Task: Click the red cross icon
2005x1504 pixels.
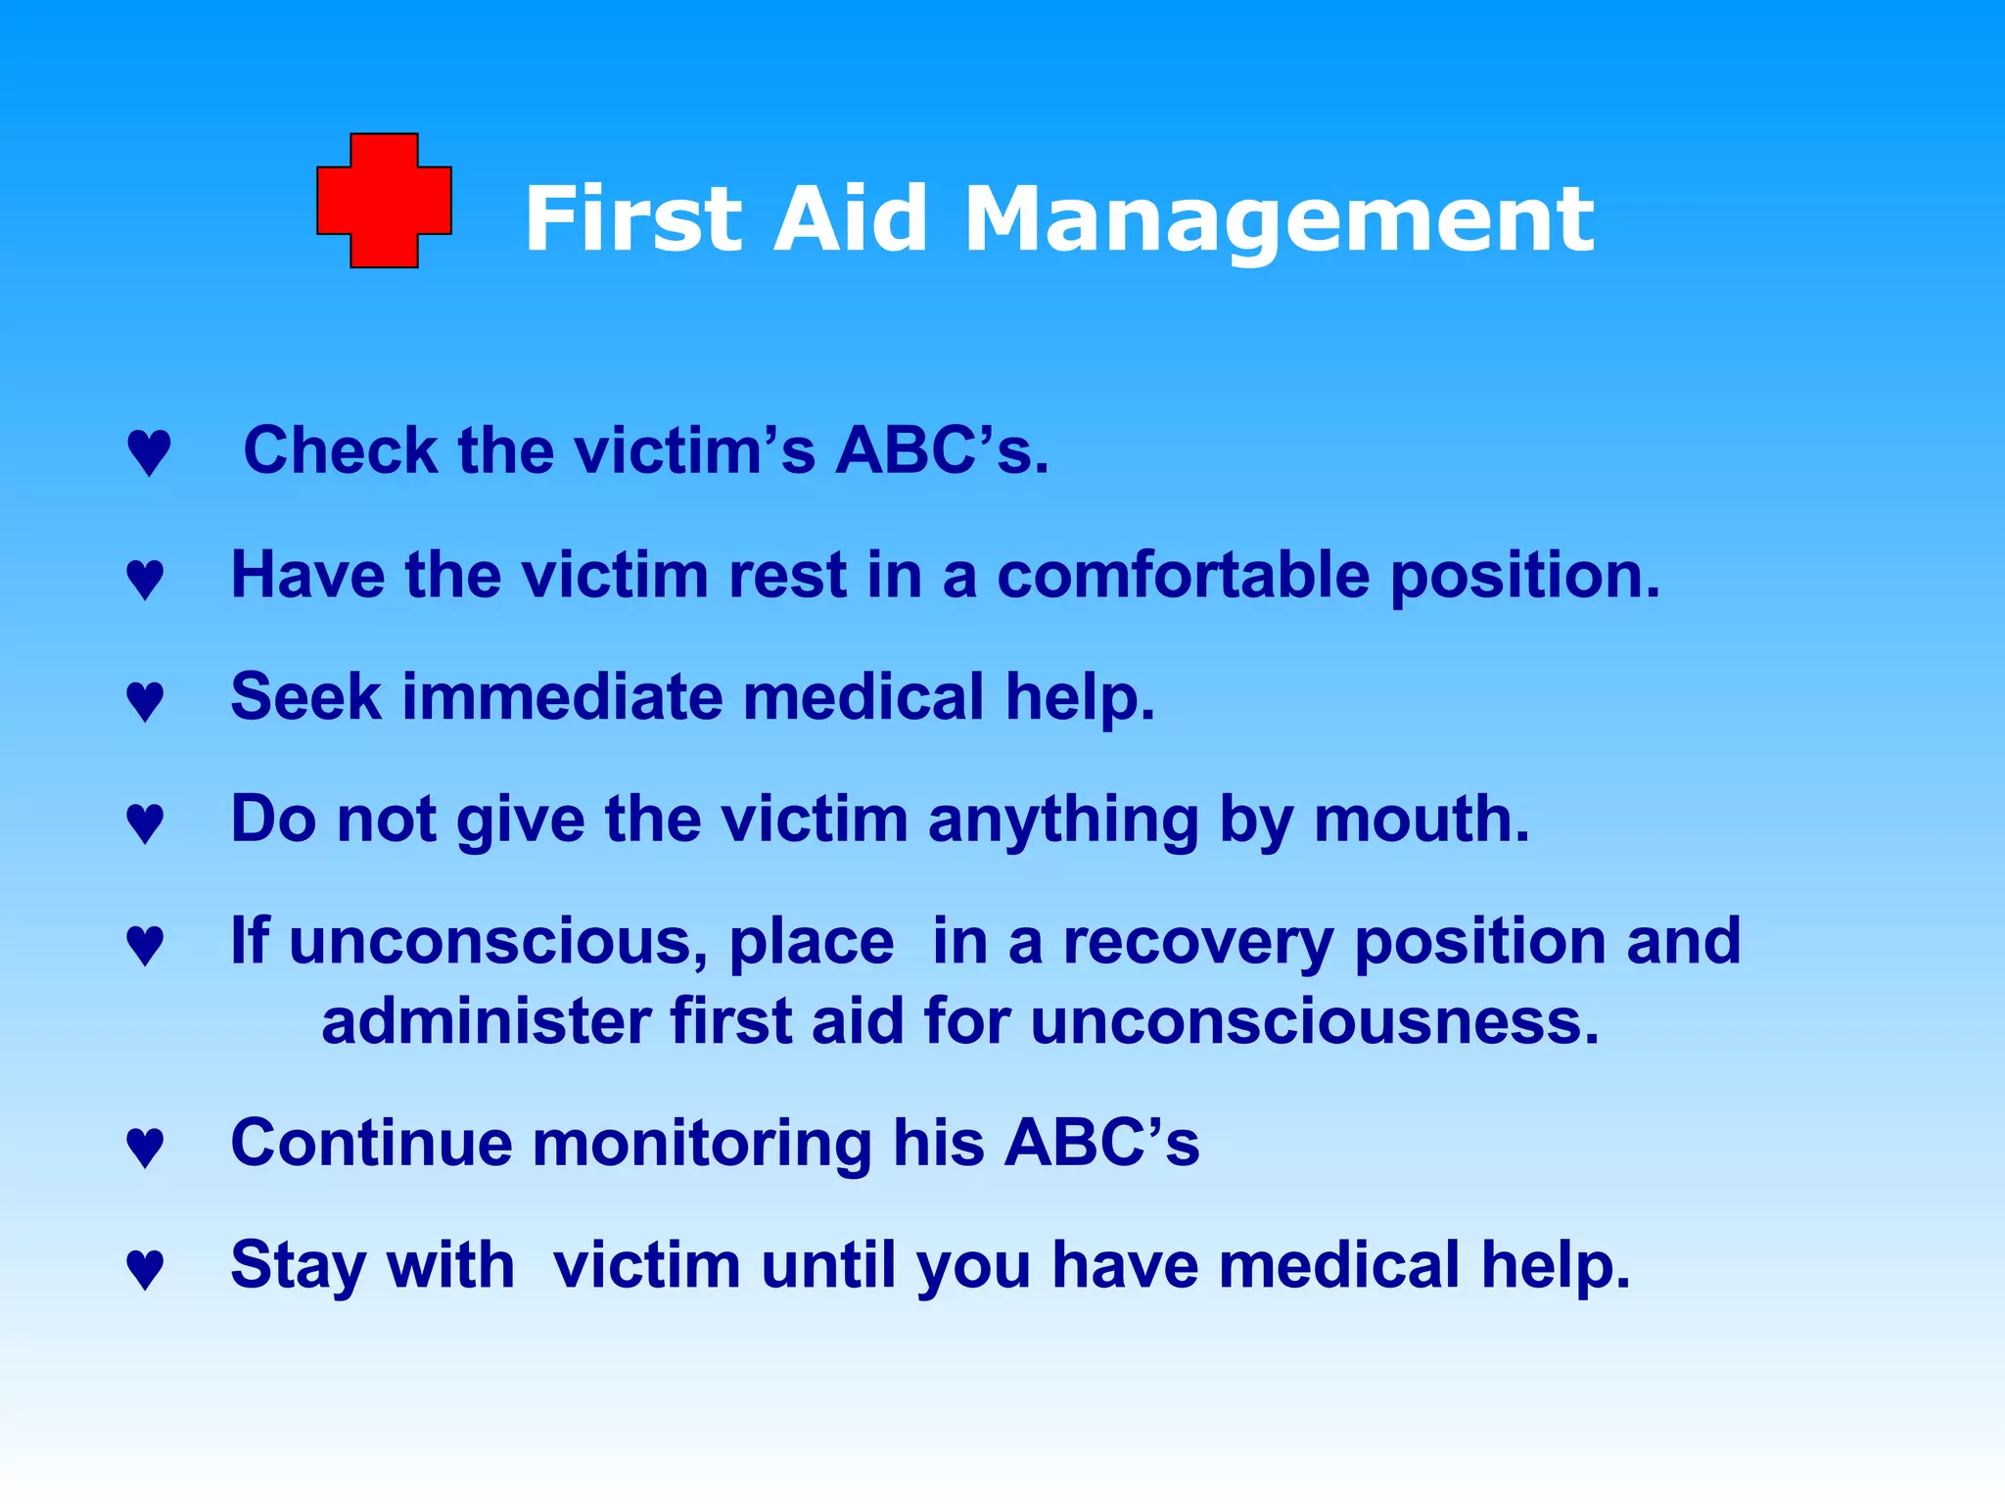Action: coord(384,201)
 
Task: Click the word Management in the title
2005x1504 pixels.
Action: coord(1279,221)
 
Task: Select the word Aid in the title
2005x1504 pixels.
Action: coord(849,219)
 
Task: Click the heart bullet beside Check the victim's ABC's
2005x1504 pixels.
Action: coord(149,453)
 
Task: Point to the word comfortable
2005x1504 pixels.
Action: coord(1183,575)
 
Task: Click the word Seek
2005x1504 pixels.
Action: coord(304,697)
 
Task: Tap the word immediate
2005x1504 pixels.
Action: coord(562,697)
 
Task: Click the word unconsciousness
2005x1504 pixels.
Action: coord(1315,1022)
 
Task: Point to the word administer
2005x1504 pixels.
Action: coord(486,1022)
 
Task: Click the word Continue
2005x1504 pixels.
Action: coord(371,1144)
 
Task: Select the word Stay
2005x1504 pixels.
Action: coord(298,1267)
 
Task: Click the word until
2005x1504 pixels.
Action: coord(829,1265)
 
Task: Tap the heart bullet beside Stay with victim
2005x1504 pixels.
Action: coord(145,1270)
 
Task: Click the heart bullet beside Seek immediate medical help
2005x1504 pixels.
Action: coord(145,702)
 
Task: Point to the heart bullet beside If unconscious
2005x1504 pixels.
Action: coord(145,946)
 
